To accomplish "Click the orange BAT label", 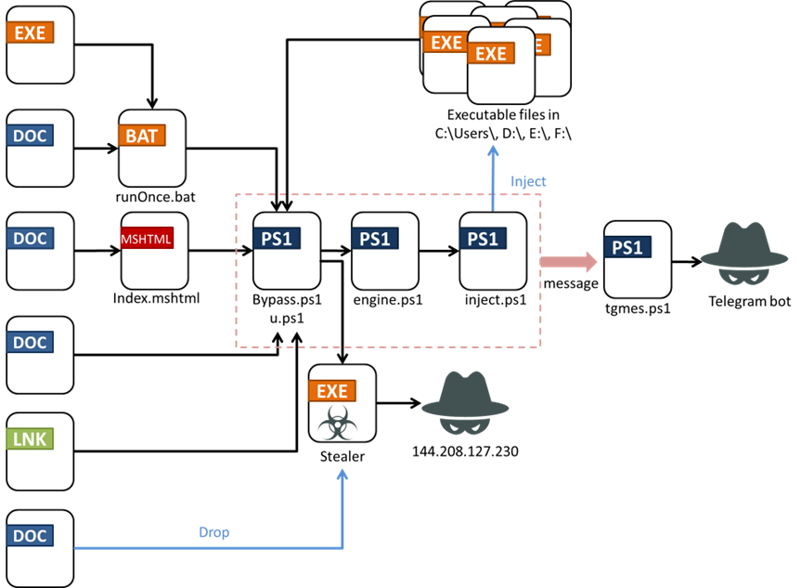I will coord(141,136).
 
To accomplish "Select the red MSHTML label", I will coord(146,239).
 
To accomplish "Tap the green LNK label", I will coord(30,438).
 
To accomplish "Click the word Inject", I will coord(528,181).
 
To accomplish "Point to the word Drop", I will coord(213,532).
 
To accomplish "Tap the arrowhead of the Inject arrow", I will coord(493,150).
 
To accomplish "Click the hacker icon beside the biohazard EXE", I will coord(465,402).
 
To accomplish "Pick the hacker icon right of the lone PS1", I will coord(743,253).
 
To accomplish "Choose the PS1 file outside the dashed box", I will coord(638,259).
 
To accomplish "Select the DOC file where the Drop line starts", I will coord(40,547).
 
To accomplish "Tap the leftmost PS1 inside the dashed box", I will coord(287,251).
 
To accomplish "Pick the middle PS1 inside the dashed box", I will coord(385,251).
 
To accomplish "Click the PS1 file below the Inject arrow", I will coord(493,251).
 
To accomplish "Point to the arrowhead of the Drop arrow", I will coord(342,476).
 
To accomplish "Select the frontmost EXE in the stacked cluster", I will coord(501,65).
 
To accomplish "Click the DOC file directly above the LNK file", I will coord(40,354).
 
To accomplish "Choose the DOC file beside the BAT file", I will coord(40,148).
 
